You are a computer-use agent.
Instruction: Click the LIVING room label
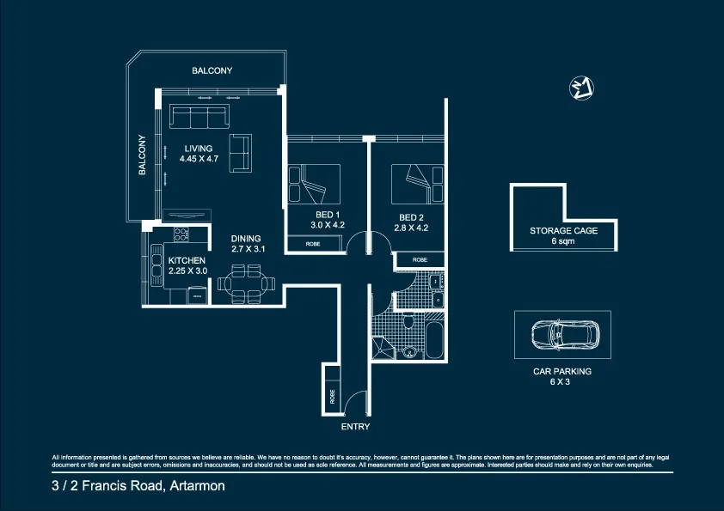coord(199,149)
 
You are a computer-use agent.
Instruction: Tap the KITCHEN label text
coord(187,260)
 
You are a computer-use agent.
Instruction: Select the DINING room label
coord(246,239)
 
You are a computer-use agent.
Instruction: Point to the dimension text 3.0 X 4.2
coord(328,225)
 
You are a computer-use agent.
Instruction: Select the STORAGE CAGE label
coord(564,231)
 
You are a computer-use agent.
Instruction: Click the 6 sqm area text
coord(564,242)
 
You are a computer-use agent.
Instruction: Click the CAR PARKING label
coord(563,372)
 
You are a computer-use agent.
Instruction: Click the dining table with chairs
coord(247,283)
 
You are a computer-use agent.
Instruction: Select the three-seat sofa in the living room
coord(199,117)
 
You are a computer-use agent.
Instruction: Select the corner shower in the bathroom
coord(380,347)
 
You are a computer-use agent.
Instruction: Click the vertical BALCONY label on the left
coord(143,156)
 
